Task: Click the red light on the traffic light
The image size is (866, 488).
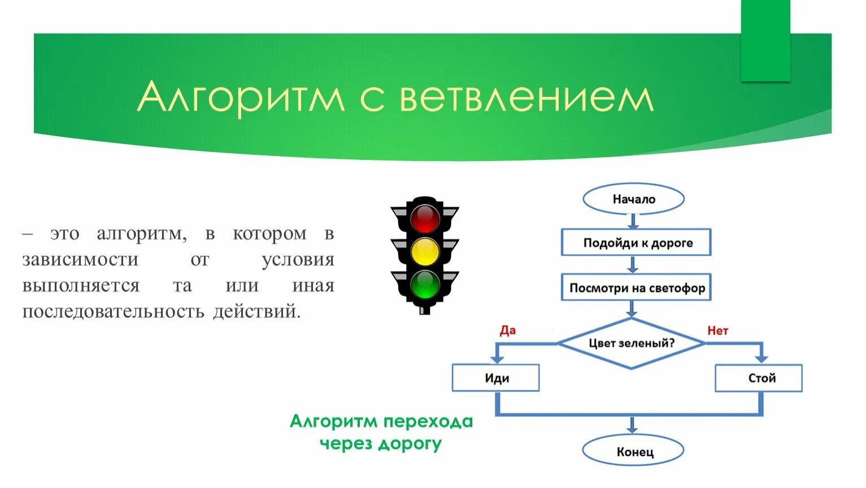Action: [425, 219]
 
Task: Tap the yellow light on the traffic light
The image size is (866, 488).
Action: [425, 252]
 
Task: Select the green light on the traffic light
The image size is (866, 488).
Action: [425, 285]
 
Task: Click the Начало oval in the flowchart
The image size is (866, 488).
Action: [633, 199]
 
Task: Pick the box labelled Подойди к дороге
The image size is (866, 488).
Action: [636, 243]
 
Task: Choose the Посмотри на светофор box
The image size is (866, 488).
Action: [636, 288]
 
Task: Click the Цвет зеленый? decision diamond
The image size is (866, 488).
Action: [632, 343]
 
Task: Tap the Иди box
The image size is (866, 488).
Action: [496, 378]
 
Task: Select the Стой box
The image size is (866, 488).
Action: [759, 378]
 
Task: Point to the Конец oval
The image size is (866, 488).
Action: [633, 451]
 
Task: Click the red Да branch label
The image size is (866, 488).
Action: [507, 330]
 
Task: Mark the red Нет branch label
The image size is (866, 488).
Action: [717, 330]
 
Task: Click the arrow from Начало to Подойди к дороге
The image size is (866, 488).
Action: [633, 221]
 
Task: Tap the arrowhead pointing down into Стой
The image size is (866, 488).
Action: [761, 358]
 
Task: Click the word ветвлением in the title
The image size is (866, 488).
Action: [526, 97]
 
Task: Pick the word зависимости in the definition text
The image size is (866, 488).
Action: [80, 259]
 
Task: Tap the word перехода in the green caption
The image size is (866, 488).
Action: [427, 421]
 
